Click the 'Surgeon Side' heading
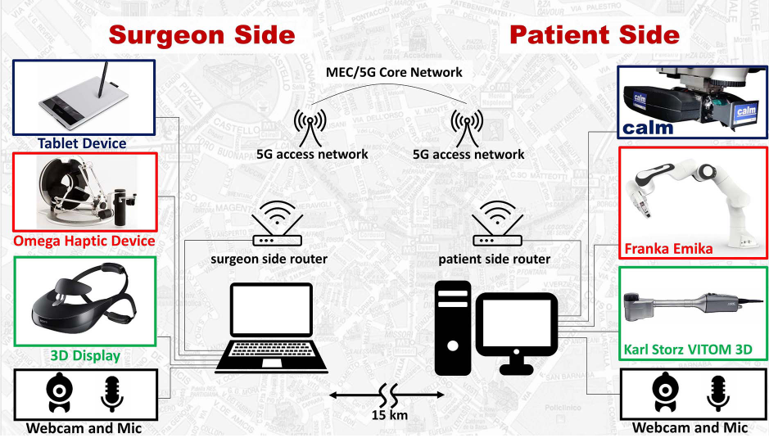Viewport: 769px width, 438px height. (x=201, y=34)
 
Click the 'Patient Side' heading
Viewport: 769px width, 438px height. (x=595, y=34)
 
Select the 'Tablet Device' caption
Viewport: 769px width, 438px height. (x=82, y=143)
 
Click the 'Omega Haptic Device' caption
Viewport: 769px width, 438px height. (x=84, y=241)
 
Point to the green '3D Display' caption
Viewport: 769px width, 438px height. (x=85, y=355)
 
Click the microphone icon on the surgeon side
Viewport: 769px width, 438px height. (x=113, y=392)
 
